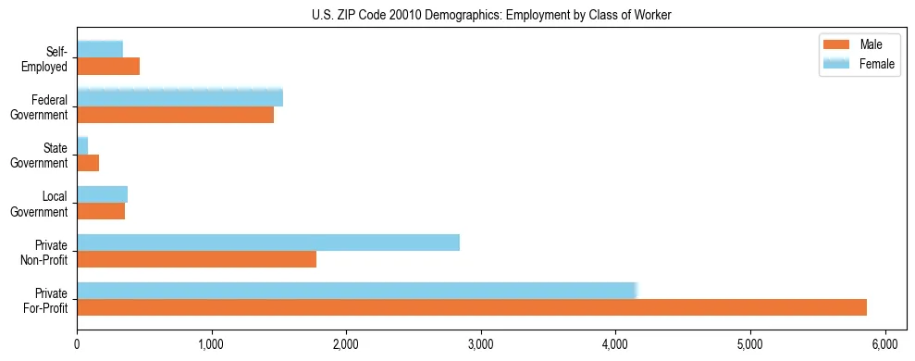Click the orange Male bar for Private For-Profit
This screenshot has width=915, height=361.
click(472, 307)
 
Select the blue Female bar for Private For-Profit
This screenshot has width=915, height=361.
click(357, 291)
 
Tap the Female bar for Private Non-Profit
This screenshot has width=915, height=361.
click(268, 243)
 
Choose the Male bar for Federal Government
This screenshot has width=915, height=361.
click(175, 115)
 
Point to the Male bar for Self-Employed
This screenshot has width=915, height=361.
click(108, 67)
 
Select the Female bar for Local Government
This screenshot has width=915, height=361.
click(102, 193)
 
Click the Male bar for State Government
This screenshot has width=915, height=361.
click(88, 163)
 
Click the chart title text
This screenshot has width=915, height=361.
click(491, 14)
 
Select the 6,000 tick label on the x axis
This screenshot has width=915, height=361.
click(885, 344)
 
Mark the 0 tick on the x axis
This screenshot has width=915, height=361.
click(77, 344)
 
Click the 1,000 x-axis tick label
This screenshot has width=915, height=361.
click(212, 344)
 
